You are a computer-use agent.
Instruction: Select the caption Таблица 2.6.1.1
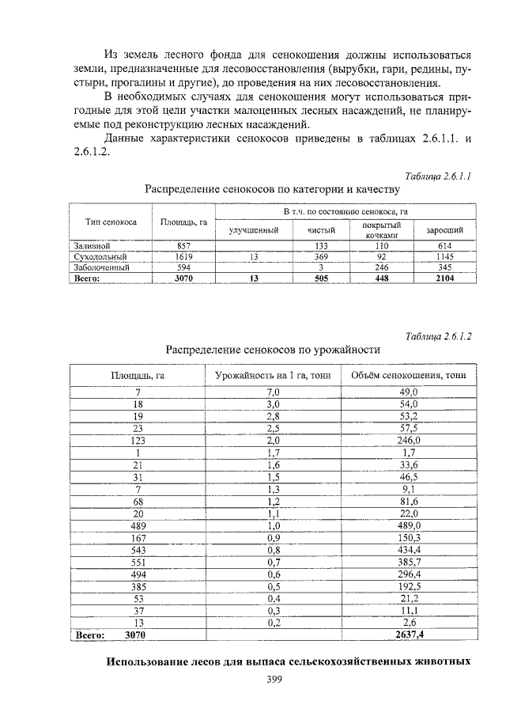coord(438,176)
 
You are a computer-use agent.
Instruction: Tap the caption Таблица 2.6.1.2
coord(438,335)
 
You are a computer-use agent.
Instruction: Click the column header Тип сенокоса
coord(111,222)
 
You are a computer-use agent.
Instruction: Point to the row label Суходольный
coord(100,257)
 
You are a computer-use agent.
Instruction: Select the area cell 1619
coord(183,257)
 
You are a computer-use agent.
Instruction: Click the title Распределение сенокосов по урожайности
coord(273,349)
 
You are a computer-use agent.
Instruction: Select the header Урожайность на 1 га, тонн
coord(273,375)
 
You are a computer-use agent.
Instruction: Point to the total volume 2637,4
coord(409,634)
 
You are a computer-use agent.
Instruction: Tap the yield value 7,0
coord(274,392)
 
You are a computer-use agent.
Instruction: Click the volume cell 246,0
coord(409,440)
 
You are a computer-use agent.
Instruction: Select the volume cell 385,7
coord(409,561)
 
